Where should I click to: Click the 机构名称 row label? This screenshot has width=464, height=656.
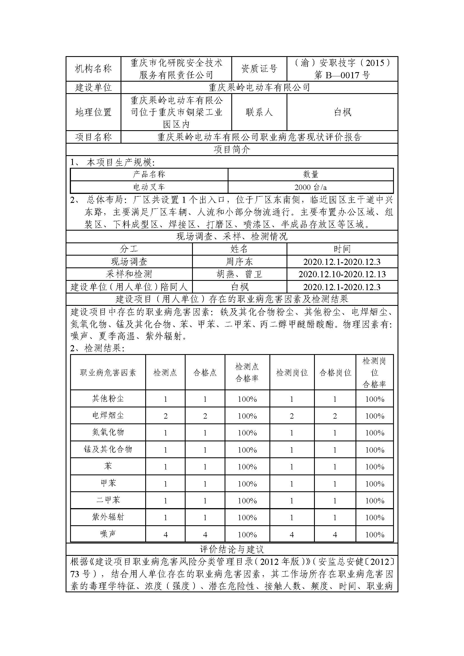coord(93,69)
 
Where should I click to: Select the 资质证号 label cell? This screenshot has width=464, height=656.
coord(259,69)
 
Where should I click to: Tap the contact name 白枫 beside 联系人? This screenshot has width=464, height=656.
coord(342,112)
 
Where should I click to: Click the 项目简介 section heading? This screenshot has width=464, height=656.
coord(232,149)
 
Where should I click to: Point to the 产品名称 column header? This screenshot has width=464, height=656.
coord(149,174)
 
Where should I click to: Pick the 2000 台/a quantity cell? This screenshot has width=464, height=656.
coord(311,187)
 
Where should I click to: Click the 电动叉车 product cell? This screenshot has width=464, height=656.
coord(149,187)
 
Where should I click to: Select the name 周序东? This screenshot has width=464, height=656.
coord(239,262)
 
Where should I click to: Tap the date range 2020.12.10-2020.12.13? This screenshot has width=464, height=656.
coord(342,274)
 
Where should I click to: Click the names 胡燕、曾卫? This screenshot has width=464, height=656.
coord(239,274)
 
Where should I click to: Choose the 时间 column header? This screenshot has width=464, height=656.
coord(342,249)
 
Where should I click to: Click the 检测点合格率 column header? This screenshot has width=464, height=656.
coord(247,372)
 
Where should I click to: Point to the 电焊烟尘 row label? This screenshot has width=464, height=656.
coord(108,415)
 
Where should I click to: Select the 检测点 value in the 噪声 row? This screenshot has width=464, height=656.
coord(165,535)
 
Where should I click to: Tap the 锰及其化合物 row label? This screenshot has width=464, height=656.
coord(108,449)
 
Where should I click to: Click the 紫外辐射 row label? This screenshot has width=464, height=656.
coord(108,517)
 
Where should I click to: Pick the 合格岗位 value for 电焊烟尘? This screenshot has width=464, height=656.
coord(335,416)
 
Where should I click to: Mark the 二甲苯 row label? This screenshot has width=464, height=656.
coord(108,500)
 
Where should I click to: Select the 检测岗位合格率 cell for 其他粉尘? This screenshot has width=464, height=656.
coord(375,399)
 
